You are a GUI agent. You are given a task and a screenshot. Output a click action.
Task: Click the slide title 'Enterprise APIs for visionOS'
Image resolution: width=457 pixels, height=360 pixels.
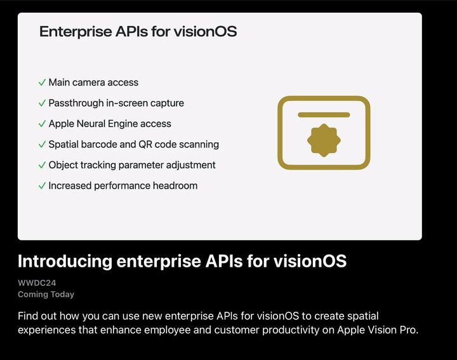[x=138, y=31]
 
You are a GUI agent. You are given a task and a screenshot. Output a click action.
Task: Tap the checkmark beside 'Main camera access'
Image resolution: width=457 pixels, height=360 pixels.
[x=42, y=83]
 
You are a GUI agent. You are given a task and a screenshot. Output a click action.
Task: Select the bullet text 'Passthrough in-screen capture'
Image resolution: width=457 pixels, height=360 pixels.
[x=116, y=103]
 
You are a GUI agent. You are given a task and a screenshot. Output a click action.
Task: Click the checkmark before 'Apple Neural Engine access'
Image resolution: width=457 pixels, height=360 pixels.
[x=42, y=124]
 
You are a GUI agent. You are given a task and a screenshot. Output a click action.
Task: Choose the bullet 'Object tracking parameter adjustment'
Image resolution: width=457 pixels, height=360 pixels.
[x=132, y=165]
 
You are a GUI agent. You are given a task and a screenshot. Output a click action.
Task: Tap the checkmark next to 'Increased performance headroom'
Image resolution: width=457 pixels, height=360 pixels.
[x=42, y=186]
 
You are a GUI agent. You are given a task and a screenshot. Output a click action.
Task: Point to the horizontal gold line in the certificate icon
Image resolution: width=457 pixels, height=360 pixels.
[x=324, y=115]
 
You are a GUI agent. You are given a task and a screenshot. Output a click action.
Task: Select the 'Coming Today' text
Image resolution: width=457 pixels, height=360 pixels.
[x=46, y=295]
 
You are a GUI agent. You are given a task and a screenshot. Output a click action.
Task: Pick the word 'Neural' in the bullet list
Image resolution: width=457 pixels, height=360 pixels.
[x=94, y=124]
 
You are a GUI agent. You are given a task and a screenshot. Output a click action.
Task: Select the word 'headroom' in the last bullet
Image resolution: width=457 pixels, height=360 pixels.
[x=174, y=186]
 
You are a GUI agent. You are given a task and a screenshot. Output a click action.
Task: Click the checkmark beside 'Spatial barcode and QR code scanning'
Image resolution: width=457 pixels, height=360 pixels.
[x=42, y=145]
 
